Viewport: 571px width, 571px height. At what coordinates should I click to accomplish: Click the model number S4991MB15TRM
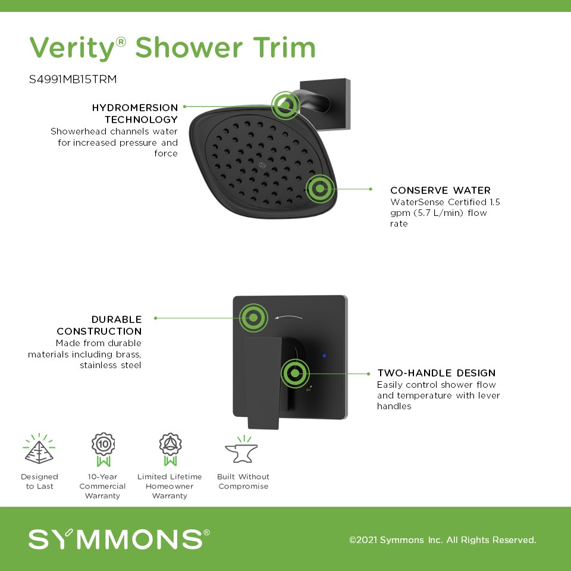[x=73, y=79]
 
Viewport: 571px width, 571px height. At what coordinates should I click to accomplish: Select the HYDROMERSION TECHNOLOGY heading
[x=135, y=113]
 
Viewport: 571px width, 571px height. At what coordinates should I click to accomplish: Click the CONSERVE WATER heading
[x=440, y=190]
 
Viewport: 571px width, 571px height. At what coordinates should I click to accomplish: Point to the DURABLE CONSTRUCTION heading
[x=99, y=325]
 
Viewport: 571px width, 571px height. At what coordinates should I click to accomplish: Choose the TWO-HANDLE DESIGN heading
[x=436, y=373]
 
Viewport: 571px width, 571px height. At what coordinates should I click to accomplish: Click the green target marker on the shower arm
[x=285, y=105]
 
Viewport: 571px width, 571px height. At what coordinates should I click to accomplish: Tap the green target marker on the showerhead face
[x=320, y=189]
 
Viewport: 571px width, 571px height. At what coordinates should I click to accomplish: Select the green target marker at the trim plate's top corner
[x=253, y=318]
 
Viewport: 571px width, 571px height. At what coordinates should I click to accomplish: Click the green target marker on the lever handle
[x=295, y=374]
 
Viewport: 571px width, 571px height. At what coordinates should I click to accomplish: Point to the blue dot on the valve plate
[x=325, y=356]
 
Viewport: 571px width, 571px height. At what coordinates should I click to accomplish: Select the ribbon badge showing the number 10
[x=103, y=450]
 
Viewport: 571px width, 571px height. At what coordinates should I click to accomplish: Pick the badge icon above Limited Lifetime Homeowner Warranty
[x=170, y=450]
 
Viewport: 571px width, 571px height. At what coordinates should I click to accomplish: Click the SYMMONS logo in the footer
[x=119, y=539]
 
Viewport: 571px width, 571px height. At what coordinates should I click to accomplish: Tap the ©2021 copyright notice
[x=443, y=539]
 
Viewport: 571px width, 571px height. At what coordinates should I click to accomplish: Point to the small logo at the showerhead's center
[x=262, y=165]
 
